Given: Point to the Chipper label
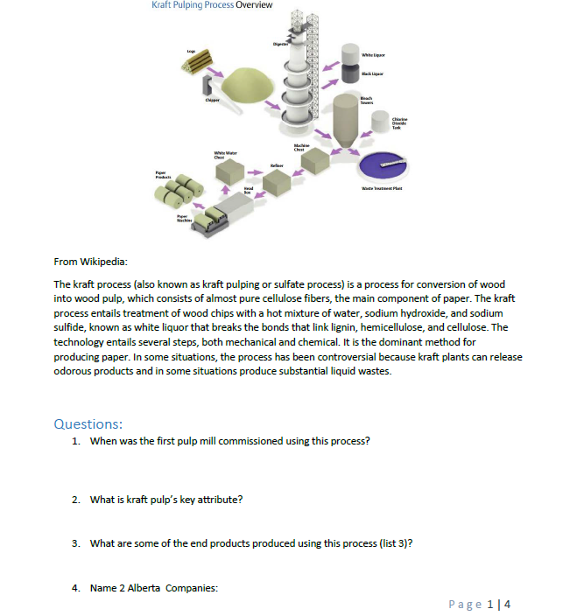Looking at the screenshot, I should pyautogui.click(x=211, y=100).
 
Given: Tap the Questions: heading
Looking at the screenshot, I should pyautogui.click(x=88, y=423).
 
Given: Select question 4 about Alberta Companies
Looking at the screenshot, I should pyautogui.click(x=154, y=587).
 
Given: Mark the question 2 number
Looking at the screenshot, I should pyautogui.click(x=76, y=500).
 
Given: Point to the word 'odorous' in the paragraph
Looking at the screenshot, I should pyautogui.click(x=77, y=371).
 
